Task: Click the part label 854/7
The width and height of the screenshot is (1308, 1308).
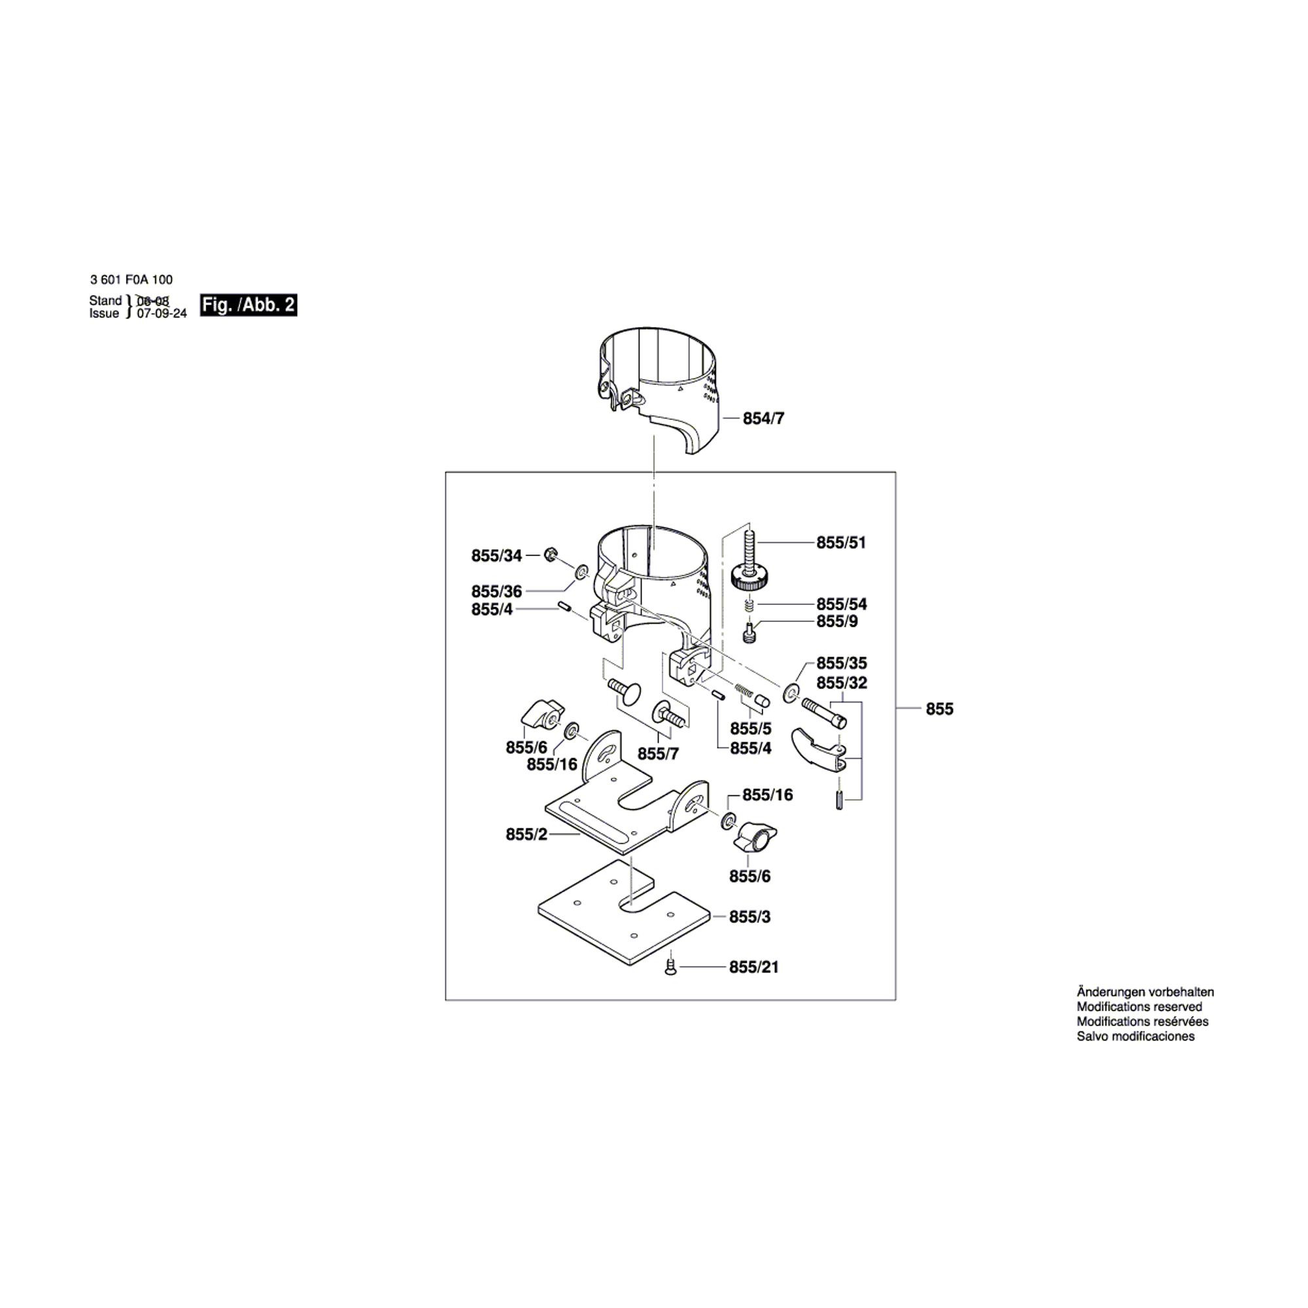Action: [764, 419]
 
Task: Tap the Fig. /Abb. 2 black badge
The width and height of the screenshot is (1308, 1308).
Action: [249, 305]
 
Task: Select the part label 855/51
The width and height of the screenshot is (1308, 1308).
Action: [841, 542]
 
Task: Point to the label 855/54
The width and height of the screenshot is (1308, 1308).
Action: [842, 604]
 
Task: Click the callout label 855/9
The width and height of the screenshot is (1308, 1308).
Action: [837, 621]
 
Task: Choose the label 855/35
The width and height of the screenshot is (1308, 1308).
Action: [842, 663]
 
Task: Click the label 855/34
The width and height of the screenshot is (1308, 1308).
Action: [497, 556]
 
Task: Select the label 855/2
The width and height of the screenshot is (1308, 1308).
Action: [526, 835]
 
